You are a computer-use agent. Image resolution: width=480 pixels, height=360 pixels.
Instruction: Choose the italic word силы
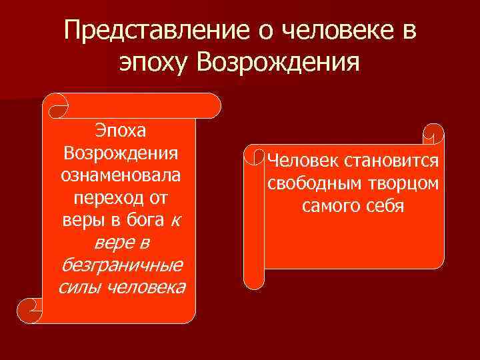[79, 288]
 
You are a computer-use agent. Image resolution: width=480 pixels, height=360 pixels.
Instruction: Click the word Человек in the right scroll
[303, 161]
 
